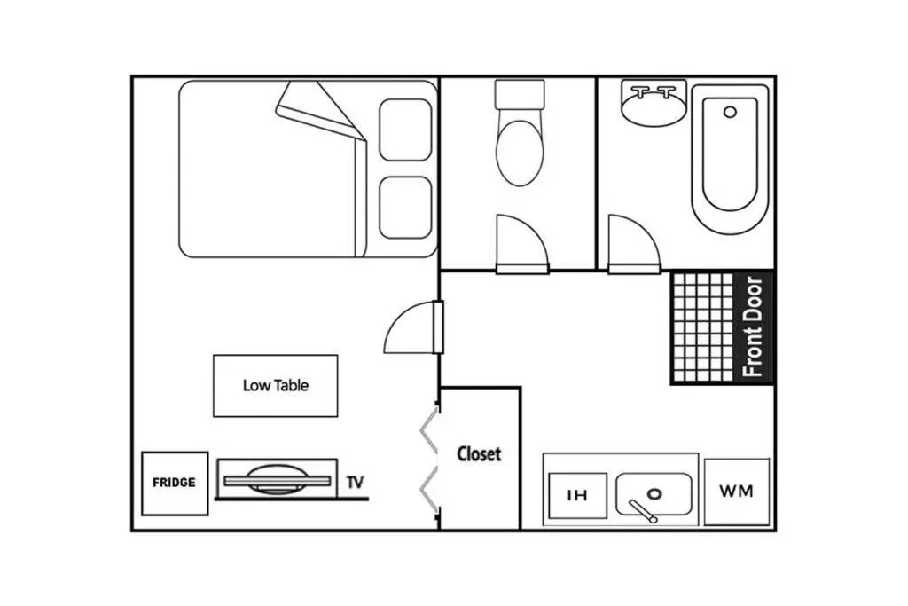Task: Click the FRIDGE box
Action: (x=175, y=484)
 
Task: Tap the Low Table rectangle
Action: (x=275, y=386)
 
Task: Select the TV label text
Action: (x=355, y=482)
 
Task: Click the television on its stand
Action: (x=277, y=480)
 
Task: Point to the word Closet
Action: (x=479, y=453)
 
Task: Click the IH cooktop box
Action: (x=577, y=495)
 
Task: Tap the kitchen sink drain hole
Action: (x=654, y=494)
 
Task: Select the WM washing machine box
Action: (x=737, y=492)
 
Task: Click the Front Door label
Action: (x=752, y=327)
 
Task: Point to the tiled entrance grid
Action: (x=703, y=328)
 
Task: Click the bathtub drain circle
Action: (x=731, y=112)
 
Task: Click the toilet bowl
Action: (x=520, y=153)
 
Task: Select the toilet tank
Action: (x=520, y=94)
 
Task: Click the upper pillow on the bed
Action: (x=405, y=130)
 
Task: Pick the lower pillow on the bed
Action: (x=405, y=208)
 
